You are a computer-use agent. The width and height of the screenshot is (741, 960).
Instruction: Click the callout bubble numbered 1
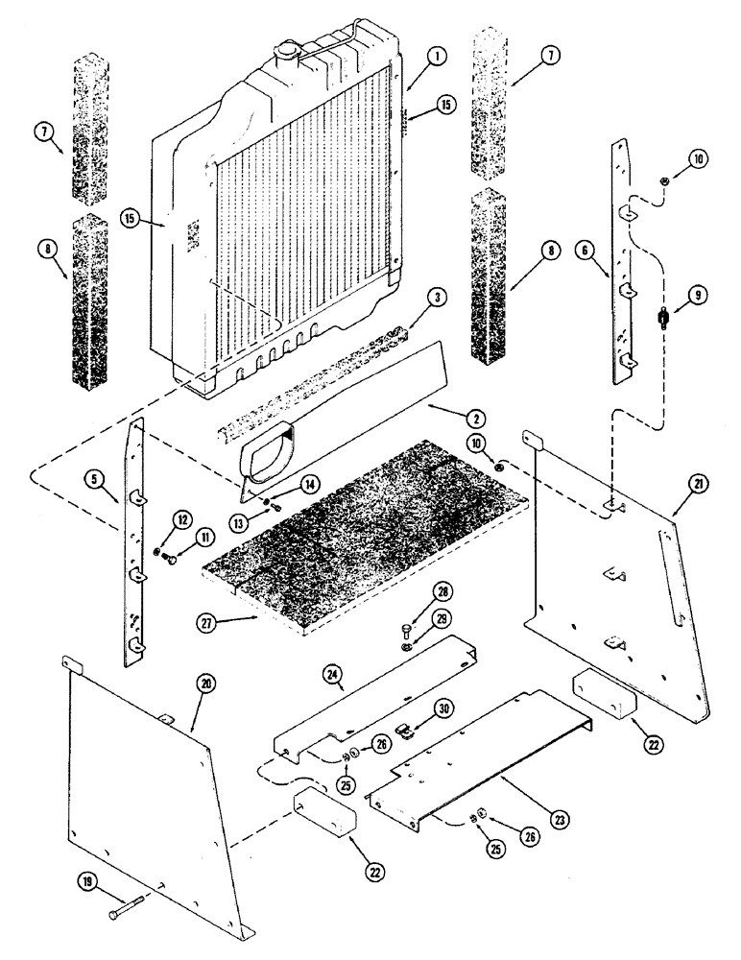[437, 58]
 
